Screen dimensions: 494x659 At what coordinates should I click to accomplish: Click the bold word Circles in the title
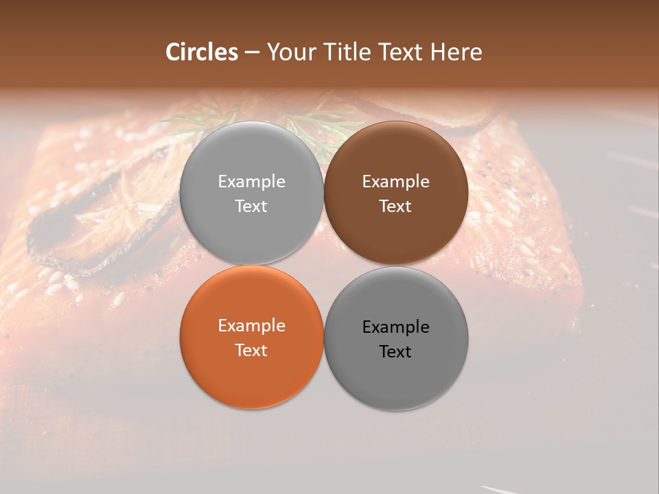(x=202, y=52)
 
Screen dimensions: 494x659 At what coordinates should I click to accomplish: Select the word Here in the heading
(x=456, y=52)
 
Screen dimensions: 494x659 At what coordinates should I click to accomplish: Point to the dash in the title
(x=252, y=53)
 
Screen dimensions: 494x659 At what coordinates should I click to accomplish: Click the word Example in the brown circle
(x=395, y=182)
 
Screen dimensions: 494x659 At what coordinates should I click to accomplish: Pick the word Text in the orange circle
(x=251, y=351)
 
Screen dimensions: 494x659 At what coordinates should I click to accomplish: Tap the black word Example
(x=395, y=327)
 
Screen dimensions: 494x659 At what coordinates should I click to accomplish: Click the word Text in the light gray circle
(x=251, y=207)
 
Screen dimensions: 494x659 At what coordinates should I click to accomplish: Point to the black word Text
(x=395, y=352)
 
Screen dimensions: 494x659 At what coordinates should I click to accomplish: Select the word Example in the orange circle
(x=251, y=326)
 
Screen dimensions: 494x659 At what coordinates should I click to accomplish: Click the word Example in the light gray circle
(x=251, y=182)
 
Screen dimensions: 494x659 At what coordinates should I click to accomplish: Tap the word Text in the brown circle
(x=395, y=207)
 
